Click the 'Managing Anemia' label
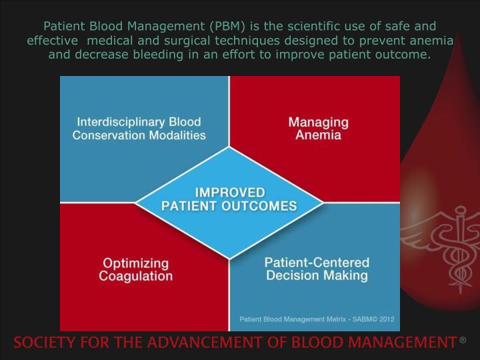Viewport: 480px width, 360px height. click(x=318, y=129)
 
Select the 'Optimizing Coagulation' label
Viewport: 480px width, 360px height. click(x=136, y=269)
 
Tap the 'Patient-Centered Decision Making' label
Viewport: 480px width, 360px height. click(x=317, y=269)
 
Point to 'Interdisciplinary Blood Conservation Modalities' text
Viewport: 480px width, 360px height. click(x=139, y=129)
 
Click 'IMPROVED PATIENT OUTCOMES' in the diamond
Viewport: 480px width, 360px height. click(x=229, y=199)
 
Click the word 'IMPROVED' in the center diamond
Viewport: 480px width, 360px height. click(x=229, y=193)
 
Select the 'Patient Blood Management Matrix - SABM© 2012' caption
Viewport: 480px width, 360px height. click(x=316, y=319)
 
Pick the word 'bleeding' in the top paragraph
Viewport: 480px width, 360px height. click(x=155, y=54)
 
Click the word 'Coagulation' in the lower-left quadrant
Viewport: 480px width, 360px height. click(x=136, y=276)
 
